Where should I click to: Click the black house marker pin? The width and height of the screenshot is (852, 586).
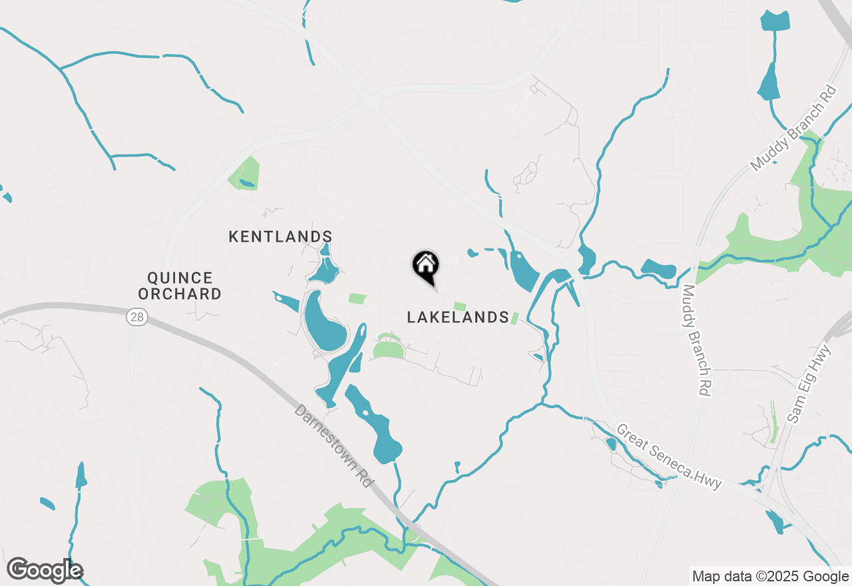pyautogui.click(x=426, y=266)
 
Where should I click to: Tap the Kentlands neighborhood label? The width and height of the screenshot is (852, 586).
pyautogui.click(x=280, y=236)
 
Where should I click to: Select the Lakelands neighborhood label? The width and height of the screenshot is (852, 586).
pyautogui.click(x=458, y=317)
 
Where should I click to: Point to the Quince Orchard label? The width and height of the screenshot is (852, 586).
pyautogui.click(x=180, y=286)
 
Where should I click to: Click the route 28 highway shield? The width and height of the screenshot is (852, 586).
pyautogui.click(x=137, y=317)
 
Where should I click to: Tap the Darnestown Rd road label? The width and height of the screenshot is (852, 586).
pyautogui.click(x=332, y=445)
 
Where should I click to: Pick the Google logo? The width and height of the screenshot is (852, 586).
pyautogui.click(x=45, y=570)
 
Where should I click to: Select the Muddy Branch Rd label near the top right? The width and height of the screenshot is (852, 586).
pyautogui.click(x=793, y=127)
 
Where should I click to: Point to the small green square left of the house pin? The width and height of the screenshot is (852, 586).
pyautogui.click(x=357, y=298)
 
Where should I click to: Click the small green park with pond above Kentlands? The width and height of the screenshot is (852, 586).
pyautogui.click(x=245, y=174)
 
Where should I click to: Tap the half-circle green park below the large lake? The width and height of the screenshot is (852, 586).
pyautogui.click(x=389, y=348)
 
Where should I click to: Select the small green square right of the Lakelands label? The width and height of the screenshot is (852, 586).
pyautogui.click(x=514, y=318)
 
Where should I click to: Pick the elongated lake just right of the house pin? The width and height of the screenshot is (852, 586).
pyautogui.click(x=524, y=270)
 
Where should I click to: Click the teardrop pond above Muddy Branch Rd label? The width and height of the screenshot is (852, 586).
pyautogui.click(x=769, y=84)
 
